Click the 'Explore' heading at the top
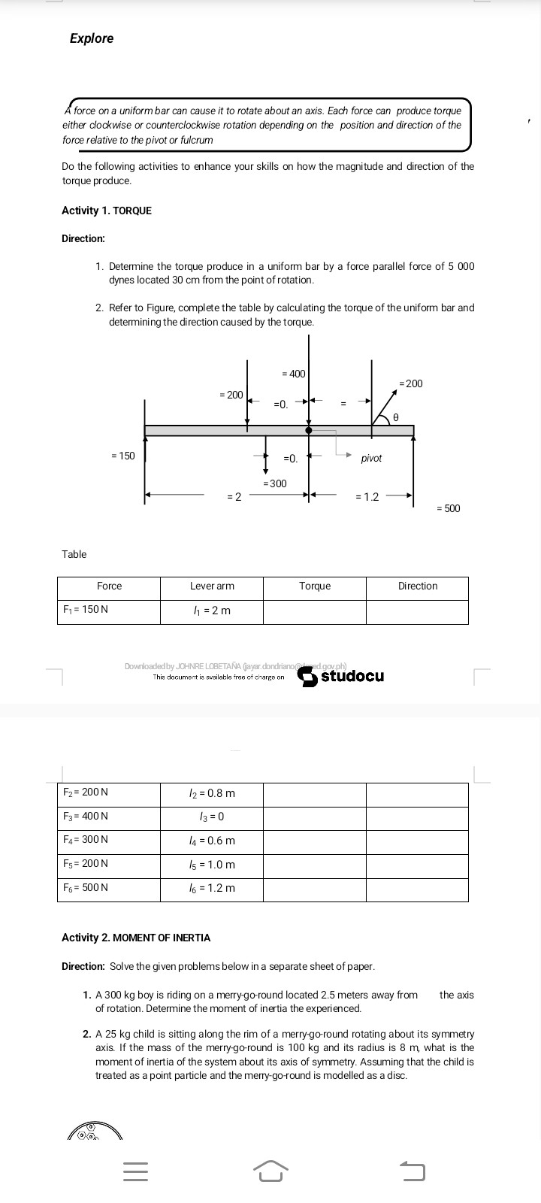click(x=92, y=38)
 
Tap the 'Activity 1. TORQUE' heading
click(x=106, y=211)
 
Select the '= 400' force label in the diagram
click(x=293, y=374)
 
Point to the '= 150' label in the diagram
click(x=122, y=456)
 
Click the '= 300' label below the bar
click(x=274, y=483)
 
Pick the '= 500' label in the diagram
click(x=448, y=508)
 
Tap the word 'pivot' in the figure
click(x=371, y=458)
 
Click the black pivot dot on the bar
click(x=308, y=430)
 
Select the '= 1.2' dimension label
click(x=367, y=496)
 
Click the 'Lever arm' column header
click(x=212, y=586)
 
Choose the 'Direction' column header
click(x=418, y=586)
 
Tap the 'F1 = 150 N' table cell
click(x=86, y=610)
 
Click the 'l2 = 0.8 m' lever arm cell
click(x=212, y=793)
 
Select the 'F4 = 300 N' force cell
click(x=86, y=840)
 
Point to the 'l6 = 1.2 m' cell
click(x=212, y=888)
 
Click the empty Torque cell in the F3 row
click(x=314, y=817)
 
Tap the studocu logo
click(x=342, y=676)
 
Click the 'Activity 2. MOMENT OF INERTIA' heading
click(x=136, y=938)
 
